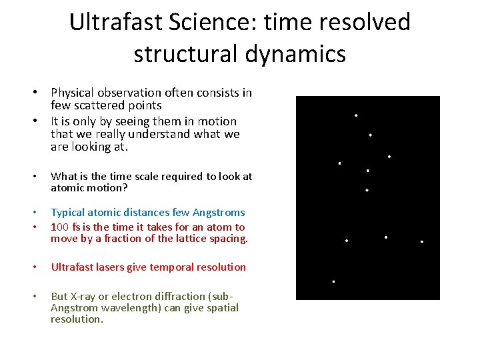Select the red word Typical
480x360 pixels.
71,213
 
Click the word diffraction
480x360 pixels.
184,296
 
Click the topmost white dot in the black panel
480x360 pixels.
356,115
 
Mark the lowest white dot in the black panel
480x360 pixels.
333,281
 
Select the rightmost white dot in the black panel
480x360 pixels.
422,241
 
